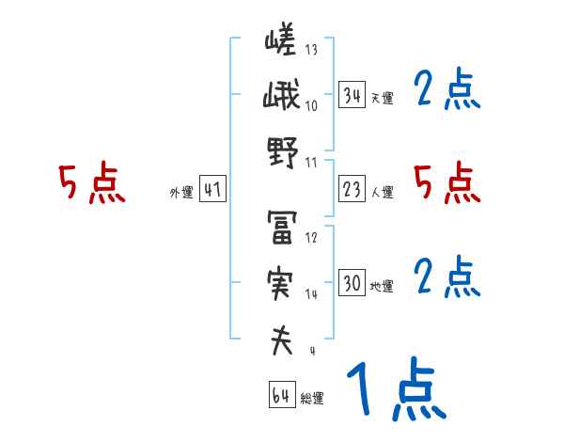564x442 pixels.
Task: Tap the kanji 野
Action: (x=281, y=154)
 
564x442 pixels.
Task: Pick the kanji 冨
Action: (x=281, y=228)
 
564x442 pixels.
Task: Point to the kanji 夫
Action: (x=281, y=340)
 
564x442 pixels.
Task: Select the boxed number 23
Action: (x=352, y=190)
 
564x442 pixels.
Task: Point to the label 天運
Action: (x=382, y=98)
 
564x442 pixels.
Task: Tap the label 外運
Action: (x=180, y=193)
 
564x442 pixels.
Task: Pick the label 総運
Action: (x=312, y=399)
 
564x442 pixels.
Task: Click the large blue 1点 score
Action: (x=395, y=390)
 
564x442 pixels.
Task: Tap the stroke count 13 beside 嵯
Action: (x=311, y=50)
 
